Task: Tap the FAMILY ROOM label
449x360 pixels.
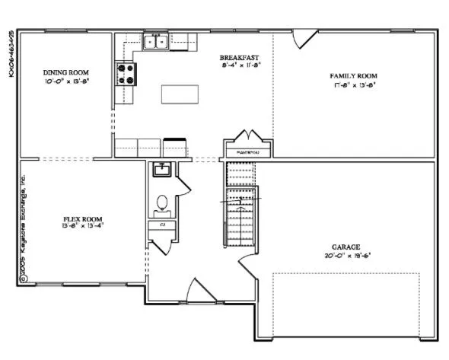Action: tap(353, 75)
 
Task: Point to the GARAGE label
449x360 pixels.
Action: tap(346, 247)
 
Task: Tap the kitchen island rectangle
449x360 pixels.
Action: tap(180, 93)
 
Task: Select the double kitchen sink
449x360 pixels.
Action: tap(157, 43)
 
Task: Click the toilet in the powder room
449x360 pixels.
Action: tap(161, 203)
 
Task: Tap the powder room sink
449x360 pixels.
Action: tap(162, 169)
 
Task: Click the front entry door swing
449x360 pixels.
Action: tap(195, 289)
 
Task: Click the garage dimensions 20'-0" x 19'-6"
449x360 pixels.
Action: tap(346, 255)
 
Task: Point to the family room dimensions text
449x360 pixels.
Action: tap(353, 84)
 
